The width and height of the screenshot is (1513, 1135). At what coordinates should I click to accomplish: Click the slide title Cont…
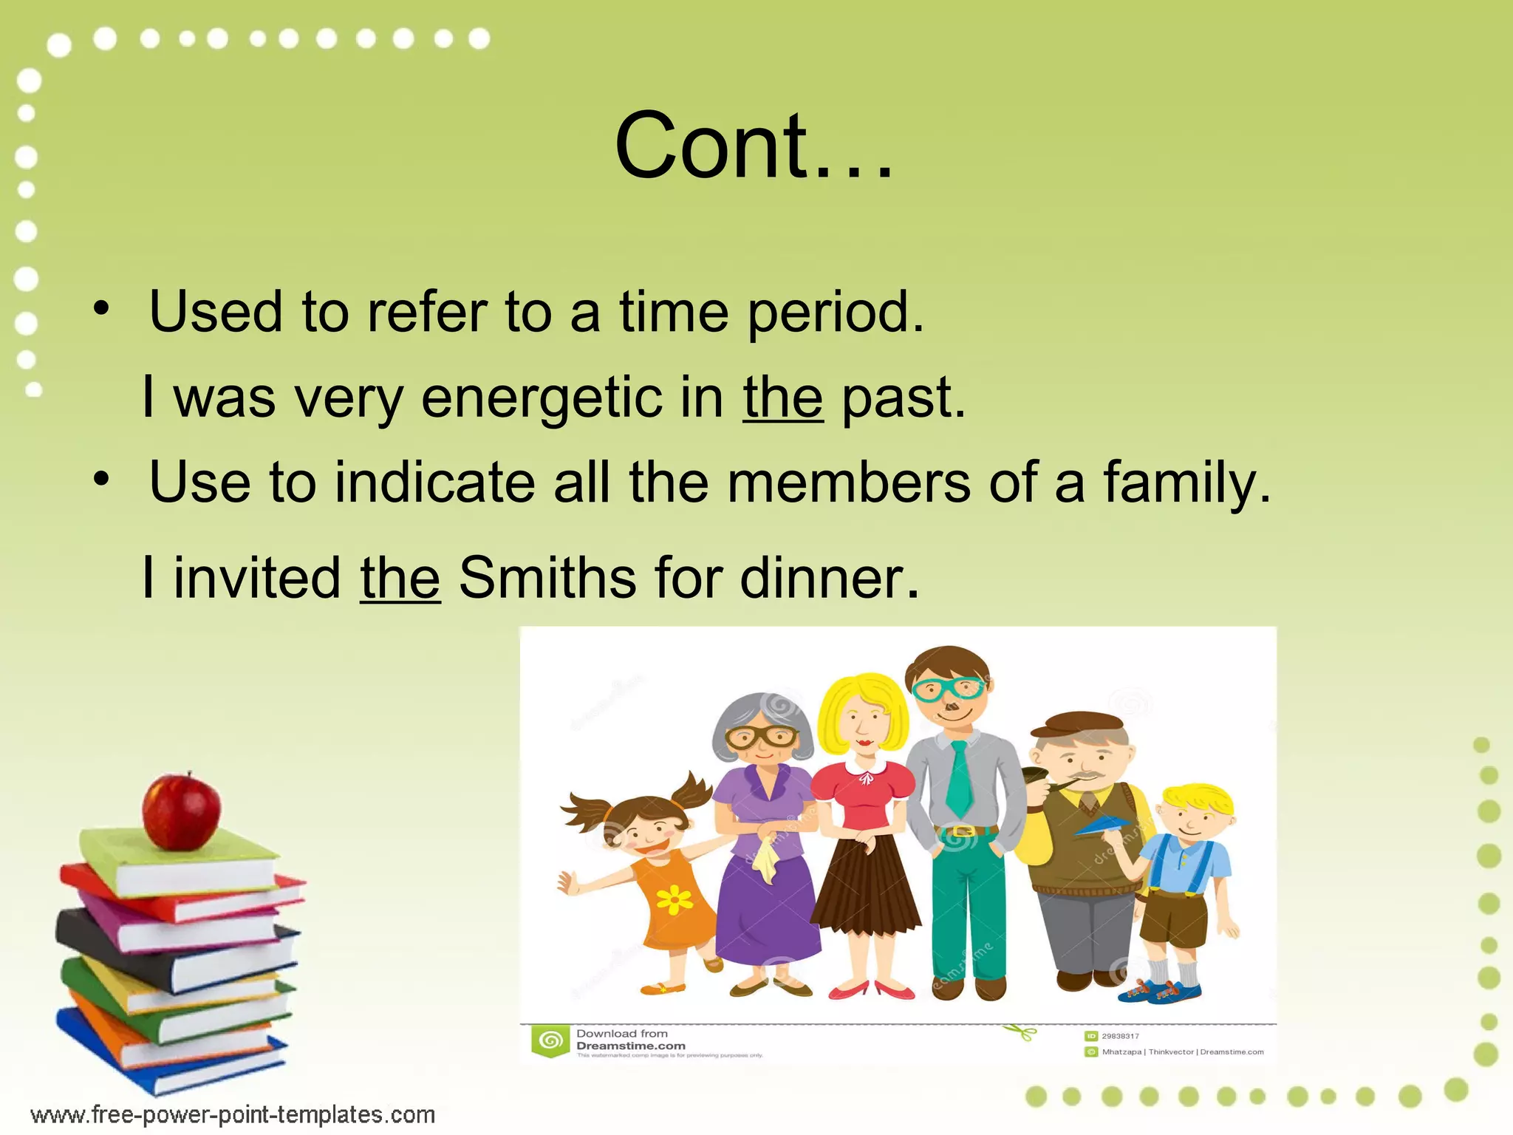(x=754, y=146)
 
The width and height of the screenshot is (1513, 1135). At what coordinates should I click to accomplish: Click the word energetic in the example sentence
(x=542, y=398)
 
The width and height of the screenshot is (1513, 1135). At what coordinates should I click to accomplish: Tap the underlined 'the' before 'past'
(x=782, y=398)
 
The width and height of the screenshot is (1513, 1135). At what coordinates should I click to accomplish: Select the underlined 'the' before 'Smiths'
(x=400, y=577)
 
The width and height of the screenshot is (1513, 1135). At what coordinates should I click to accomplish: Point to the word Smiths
(x=547, y=577)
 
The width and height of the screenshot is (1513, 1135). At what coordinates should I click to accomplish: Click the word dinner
(x=829, y=577)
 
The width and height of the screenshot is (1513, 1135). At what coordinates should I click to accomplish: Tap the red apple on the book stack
(x=181, y=811)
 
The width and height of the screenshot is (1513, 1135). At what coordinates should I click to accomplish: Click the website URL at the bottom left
(x=233, y=1114)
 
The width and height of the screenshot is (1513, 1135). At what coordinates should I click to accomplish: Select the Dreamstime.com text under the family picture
(x=630, y=1046)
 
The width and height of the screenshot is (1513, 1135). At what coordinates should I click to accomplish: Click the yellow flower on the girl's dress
(x=674, y=899)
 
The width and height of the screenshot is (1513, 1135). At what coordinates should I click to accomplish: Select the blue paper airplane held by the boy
(x=1105, y=825)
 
